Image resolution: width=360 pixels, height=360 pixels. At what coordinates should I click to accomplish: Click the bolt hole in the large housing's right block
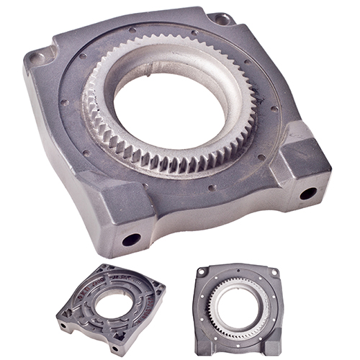click(x=308, y=193)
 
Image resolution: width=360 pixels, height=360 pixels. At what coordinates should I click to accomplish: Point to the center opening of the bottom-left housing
click(x=110, y=305)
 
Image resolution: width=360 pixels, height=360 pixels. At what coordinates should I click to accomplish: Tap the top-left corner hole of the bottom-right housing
click(x=204, y=272)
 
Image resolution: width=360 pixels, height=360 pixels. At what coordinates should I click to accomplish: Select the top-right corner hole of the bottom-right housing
click(x=274, y=272)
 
